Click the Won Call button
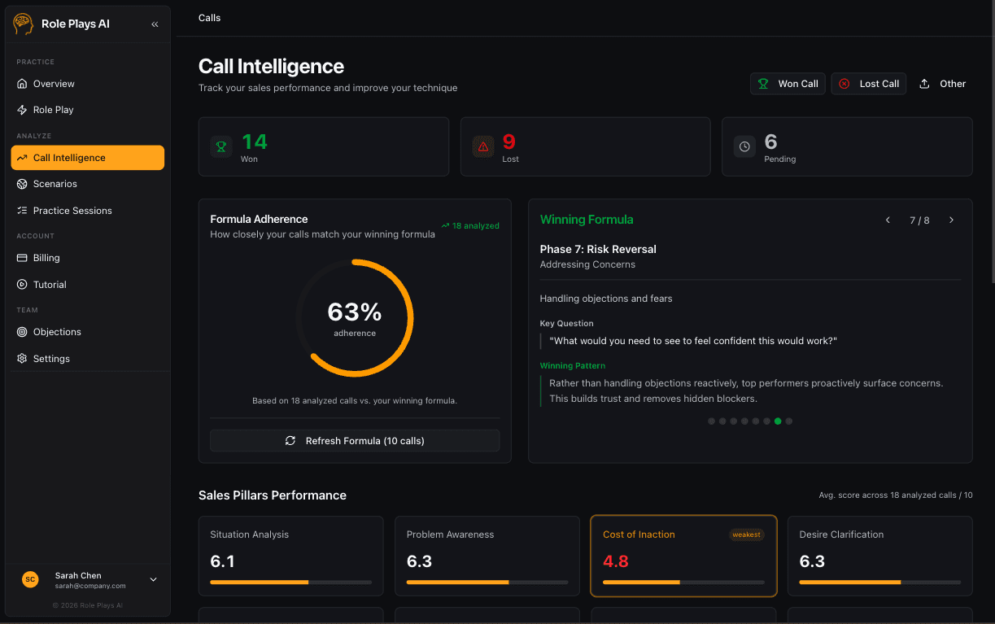[x=788, y=84]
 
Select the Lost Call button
[x=868, y=84]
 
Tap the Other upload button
[x=942, y=84]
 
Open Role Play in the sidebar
[x=53, y=110]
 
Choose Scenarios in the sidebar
[x=55, y=184]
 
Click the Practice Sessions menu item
[x=72, y=211]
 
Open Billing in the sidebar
[x=46, y=258]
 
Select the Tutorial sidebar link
[x=50, y=285]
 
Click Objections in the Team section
[x=57, y=332]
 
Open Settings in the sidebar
[x=51, y=359]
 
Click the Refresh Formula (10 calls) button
[x=355, y=441]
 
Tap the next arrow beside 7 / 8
[x=951, y=220]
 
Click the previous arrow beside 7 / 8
[x=888, y=220]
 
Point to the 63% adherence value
[x=355, y=312]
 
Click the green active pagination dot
[x=778, y=421]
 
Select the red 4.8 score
[x=616, y=561]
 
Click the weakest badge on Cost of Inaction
[x=746, y=535]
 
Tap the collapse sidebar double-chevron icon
[x=155, y=24]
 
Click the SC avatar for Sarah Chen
[x=30, y=579]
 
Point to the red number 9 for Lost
[x=509, y=142]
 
